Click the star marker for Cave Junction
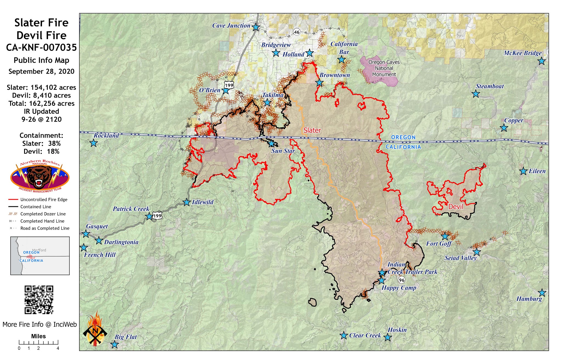[x=256, y=27]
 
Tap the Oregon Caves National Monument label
[x=384, y=68]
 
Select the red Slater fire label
[x=312, y=130]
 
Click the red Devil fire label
[x=456, y=207]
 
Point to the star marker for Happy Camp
[x=381, y=280]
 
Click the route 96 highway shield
[x=401, y=280]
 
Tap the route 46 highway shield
[x=297, y=32]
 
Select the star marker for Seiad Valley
[x=477, y=252]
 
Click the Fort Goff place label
[x=439, y=243]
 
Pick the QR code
[x=39, y=300]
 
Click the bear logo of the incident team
[x=40, y=176]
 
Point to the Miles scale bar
[x=38, y=342]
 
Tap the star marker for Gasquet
[x=86, y=234]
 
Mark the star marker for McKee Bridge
[x=541, y=61]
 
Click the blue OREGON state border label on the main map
[x=403, y=137]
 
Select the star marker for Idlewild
[x=187, y=202]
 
